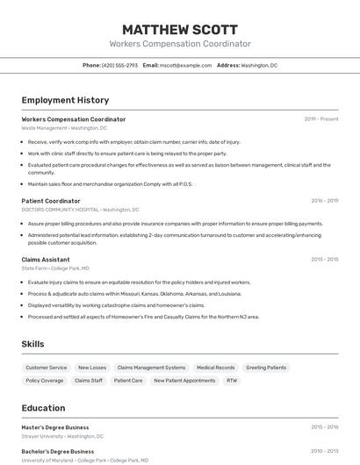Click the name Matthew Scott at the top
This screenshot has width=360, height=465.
180,28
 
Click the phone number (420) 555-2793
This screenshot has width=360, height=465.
119,65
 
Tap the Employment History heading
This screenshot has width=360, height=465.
65,100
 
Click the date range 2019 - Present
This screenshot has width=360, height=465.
320,119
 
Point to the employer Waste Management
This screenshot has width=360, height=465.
44,128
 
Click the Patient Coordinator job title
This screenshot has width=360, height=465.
51,201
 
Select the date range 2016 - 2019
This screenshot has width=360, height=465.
324,201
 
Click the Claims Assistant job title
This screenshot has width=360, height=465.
46,260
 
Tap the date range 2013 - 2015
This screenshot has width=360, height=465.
324,260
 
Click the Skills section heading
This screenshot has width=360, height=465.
33,344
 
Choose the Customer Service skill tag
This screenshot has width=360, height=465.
46,368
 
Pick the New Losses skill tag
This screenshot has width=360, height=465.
92,368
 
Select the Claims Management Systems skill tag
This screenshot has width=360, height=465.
151,368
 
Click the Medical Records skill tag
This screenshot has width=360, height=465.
215,368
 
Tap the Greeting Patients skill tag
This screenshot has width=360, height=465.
266,368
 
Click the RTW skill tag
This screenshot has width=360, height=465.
232,381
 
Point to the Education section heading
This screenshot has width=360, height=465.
43,408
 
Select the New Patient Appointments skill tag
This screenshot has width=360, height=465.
184,381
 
